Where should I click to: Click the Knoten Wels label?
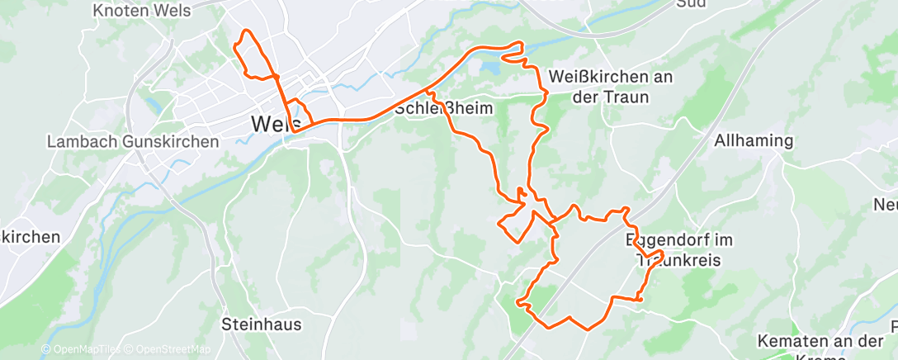[x=142, y=11]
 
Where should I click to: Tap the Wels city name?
[x=270, y=124]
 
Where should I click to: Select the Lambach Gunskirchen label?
[x=133, y=141]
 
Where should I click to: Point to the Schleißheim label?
[x=444, y=108]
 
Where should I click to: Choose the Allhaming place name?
[x=754, y=140]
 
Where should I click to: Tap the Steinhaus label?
[x=262, y=324]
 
